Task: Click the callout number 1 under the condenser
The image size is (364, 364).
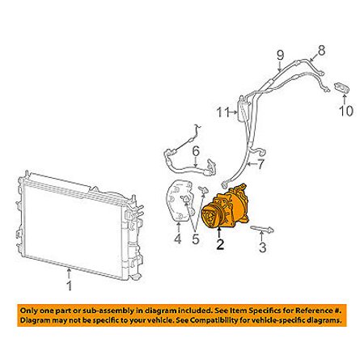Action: [70, 286]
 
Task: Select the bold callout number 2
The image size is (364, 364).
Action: [220, 244]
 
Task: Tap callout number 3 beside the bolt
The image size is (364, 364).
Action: [263, 248]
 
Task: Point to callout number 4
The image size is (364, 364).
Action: [178, 239]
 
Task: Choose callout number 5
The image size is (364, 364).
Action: [196, 239]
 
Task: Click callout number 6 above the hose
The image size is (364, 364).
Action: [196, 151]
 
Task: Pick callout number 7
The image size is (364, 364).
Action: [260, 164]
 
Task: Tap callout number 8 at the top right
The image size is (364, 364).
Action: [321, 50]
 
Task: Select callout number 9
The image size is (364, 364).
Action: [281, 55]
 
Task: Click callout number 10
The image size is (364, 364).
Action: [346, 111]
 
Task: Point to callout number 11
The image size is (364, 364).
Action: [223, 112]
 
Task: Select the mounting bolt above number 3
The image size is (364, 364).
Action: [262, 230]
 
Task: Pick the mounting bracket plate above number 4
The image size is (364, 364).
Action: [179, 201]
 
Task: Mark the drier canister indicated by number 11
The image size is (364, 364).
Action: [241, 109]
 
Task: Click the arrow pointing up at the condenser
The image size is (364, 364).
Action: [70, 273]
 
